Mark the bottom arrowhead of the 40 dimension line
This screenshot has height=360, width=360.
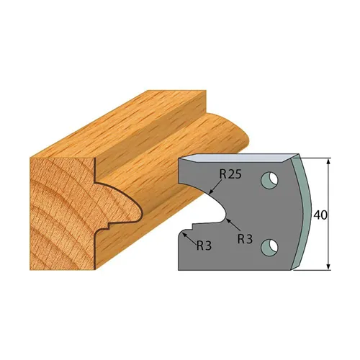(x=328, y=267)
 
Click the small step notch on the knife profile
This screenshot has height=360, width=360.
(x=185, y=232)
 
